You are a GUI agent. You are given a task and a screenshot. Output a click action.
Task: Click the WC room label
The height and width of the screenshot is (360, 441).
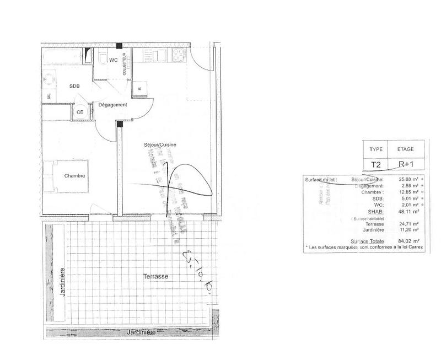pyautogui.click(x=113, y=60)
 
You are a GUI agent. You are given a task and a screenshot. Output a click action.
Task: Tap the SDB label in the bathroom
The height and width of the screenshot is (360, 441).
pyautogui.click(x=74, y=86)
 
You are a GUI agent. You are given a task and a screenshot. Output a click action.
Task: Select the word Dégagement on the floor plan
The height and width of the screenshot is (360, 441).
pyautogui.click(x=113, y=105)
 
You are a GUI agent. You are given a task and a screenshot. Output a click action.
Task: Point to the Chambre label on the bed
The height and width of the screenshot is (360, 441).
pyautogui.click(x=74, y=176)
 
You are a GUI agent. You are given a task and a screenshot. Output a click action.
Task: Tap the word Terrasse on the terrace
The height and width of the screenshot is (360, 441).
pyautogui.click(x=155, y=276)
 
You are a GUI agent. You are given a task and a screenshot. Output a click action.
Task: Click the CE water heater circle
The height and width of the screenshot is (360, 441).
pyautogui.click(x=80, y=111)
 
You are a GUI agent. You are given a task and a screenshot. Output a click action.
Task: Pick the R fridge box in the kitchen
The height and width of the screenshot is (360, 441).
pyautogui.click(x=140, y=88)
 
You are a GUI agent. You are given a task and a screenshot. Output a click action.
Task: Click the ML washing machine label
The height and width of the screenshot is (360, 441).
pyautogui.click(x=49, y=95)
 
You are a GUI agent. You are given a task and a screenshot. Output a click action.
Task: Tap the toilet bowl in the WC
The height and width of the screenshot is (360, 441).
pyautogui.click(x=103, y=57)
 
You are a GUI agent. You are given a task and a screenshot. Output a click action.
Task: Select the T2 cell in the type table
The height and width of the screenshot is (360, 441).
pyautogui.click(x=376, y=164)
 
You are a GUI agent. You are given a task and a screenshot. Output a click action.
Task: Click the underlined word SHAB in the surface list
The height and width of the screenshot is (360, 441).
pyautogui.click(x=375, y=210)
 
